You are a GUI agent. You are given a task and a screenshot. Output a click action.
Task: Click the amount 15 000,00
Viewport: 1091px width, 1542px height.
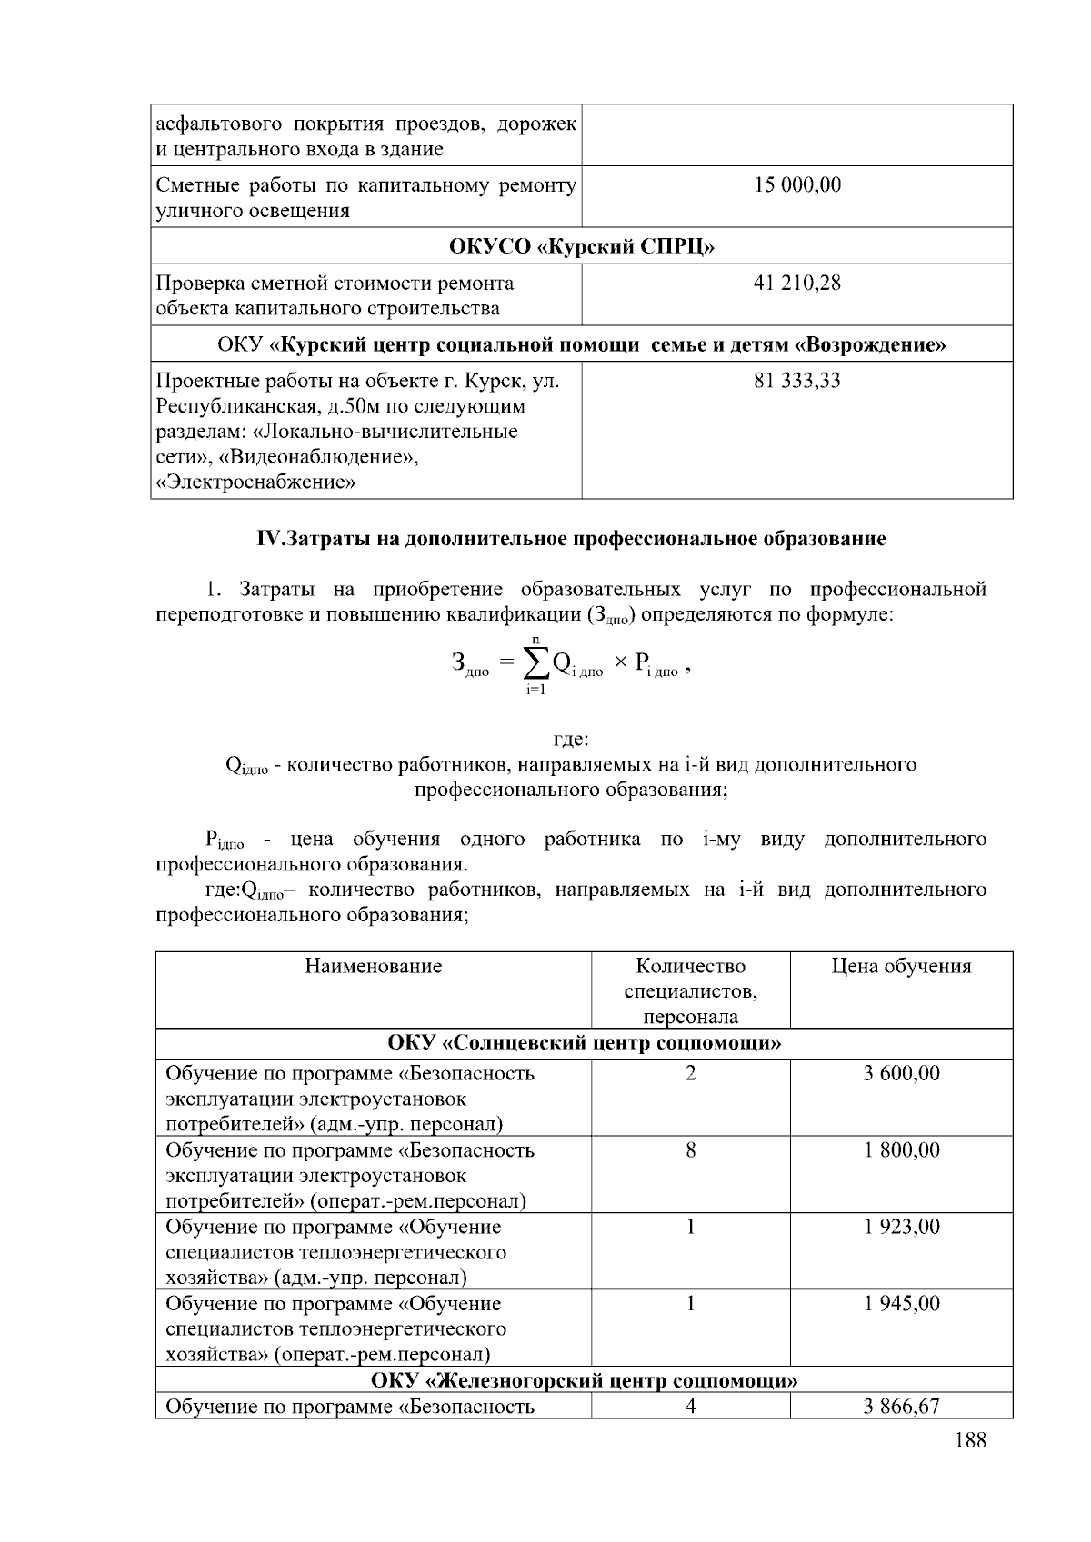797,185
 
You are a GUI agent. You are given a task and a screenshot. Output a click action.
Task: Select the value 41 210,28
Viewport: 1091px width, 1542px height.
797,284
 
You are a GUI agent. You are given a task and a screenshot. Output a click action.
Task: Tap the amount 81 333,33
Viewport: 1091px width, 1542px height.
797,381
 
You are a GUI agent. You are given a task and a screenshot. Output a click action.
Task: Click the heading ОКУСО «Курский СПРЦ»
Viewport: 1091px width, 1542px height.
582,246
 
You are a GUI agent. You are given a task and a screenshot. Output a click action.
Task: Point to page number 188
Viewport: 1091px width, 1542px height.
970,1440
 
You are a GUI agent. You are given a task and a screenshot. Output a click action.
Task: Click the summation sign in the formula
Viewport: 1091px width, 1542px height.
536,664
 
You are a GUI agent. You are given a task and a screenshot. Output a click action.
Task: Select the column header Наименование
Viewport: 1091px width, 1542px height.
373,966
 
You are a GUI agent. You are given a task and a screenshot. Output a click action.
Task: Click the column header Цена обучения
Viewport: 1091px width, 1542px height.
901,966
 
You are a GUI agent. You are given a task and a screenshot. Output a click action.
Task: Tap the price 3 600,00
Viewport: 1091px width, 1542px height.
901,1074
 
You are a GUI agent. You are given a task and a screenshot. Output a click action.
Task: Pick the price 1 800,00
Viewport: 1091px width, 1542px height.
901,1150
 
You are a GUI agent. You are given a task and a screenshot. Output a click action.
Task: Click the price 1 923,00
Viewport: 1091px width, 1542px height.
901,1227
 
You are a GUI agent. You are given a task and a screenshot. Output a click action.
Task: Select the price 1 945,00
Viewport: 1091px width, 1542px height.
901,1304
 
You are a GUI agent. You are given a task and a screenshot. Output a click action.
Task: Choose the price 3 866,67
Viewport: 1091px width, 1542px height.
901,1407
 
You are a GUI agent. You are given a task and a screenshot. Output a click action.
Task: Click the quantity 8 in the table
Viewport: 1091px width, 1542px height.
690,1150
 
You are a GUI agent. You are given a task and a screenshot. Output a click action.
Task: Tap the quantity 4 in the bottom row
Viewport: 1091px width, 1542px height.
690,1407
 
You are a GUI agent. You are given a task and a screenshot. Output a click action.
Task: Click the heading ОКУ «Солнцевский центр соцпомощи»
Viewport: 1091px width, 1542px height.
584,1043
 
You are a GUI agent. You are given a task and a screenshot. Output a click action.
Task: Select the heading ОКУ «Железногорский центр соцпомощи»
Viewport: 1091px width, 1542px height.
584,1381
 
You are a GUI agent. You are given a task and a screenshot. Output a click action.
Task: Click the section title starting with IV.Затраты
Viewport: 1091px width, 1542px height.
571,539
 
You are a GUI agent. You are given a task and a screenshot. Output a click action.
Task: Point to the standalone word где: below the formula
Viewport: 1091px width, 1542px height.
571,739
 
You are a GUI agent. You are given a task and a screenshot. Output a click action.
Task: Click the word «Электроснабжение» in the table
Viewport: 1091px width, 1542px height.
255,482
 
